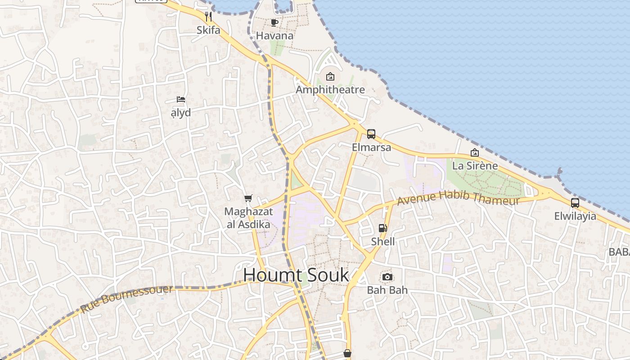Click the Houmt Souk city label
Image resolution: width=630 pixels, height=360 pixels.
tap(296, 274)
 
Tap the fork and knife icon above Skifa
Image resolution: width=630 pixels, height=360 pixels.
tap(208, 17)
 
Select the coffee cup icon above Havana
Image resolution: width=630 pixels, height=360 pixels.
tap(274, 22)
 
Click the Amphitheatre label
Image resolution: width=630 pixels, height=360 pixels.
tap(330, 90)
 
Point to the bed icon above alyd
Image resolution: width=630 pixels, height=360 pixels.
tap(181, 99)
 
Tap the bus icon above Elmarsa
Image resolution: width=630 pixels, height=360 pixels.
tap(371, 134)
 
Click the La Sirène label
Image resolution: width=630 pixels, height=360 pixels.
tap(475, 166)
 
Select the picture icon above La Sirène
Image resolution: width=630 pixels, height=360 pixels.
tap(474, 153)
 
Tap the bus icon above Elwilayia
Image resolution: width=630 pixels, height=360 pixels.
tap(575, 203)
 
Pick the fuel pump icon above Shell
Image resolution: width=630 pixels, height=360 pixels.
tap(382, 228)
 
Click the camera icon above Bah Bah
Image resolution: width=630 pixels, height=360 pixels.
tap(387, 277)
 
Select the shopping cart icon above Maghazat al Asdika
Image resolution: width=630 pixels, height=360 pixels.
tap(248, 198)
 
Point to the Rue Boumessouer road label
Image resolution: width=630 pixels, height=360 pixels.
tap(126, 299)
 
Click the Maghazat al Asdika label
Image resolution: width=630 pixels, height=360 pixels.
tap(248, 218)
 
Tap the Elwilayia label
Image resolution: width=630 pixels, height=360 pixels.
tap(575, 216)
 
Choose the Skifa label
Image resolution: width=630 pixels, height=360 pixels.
tap(208, 30)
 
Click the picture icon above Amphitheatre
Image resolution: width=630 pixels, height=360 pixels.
tap(330, 76)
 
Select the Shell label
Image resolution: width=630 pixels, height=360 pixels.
tap(382, 242)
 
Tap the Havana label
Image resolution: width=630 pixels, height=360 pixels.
tap(274, 36)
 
